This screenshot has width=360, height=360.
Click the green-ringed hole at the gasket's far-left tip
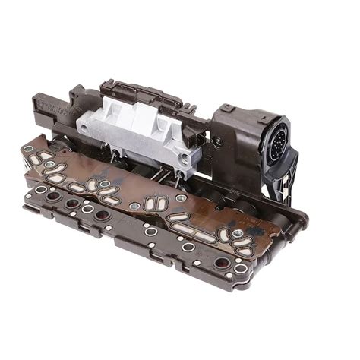click(28, 149)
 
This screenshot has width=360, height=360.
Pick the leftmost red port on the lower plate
click(52, 196)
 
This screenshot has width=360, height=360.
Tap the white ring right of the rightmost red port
click(241, 268)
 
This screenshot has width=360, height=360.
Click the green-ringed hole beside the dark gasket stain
click(238, 234)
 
